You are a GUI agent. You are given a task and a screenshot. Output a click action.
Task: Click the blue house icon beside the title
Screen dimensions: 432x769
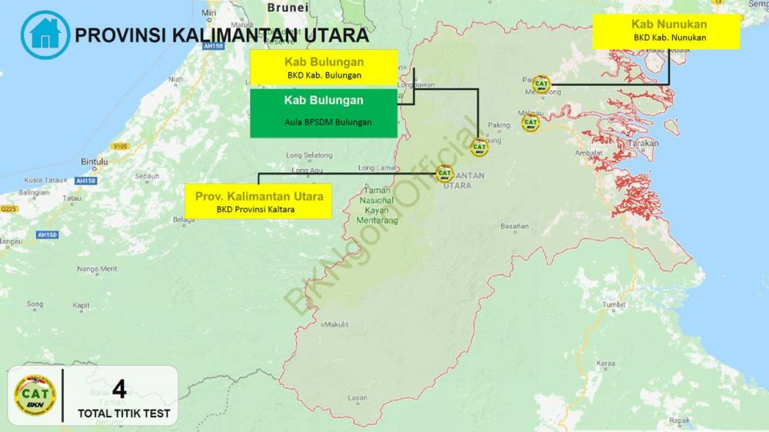[x=45, y=35]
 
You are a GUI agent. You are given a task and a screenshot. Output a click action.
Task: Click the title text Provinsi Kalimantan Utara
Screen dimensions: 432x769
[x=221, y=35]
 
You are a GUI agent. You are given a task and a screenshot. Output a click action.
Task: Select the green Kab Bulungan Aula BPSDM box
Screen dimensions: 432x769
[x=324, y=112]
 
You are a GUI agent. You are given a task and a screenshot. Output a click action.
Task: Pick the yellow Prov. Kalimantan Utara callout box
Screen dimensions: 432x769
[x=259, y=201]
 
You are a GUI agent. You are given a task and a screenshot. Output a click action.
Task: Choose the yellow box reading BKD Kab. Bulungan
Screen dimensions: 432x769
[x=324, y=67]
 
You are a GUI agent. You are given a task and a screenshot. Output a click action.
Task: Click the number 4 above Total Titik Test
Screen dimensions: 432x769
[x=119, y=389]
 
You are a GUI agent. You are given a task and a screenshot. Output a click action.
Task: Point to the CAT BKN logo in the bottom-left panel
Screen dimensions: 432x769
[x=35, y=396]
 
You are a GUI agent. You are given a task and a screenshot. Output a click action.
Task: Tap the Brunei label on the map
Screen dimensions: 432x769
[x=288, y=8]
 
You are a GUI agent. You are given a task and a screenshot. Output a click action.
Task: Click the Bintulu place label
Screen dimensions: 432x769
[x=95, y=162]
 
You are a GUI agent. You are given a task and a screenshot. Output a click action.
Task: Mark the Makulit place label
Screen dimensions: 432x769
[x=335, y=324]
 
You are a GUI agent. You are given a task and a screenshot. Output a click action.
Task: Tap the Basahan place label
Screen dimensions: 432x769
[x=514, y=227]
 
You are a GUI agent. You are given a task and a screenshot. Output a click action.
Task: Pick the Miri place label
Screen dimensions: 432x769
[x=208, y=13]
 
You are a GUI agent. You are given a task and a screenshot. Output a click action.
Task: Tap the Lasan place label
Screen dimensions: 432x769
[x=358, y=397]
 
